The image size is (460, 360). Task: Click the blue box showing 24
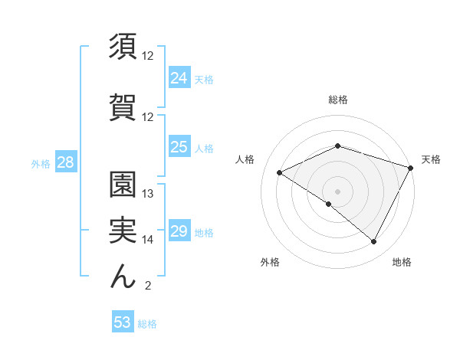(179, 77)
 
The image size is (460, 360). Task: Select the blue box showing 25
(179, 147)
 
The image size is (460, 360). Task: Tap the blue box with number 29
(179, 232)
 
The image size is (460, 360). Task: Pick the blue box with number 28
(65, 162)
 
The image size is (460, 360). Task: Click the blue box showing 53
(123, 322)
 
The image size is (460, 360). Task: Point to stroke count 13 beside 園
(148, 194)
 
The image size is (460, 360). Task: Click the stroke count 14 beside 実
(148, 240)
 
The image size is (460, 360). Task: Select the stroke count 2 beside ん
(147, 286)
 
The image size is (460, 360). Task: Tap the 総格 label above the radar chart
(337, 100)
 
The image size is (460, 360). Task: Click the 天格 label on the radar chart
(431, 159)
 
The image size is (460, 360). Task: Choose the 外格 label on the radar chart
(270, 262)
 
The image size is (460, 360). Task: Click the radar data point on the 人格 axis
(280, 172)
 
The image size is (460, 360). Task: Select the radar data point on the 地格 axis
(373, 241)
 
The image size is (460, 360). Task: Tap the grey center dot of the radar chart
(337, 191)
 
